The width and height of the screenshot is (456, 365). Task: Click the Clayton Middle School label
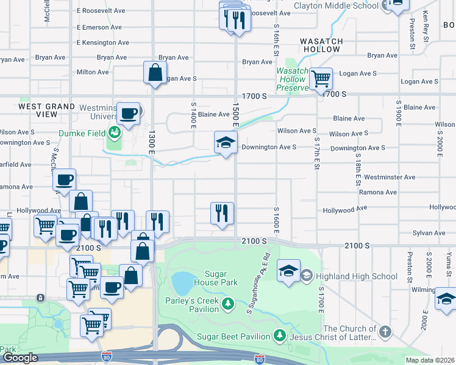pos(336,6)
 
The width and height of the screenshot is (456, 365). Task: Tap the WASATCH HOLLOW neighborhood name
pos(321,45)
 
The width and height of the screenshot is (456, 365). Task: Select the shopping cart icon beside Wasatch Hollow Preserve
pos(320,78)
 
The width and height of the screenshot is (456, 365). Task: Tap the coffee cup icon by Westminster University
pos(128,113)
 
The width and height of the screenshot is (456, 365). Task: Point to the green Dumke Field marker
pos(114,130)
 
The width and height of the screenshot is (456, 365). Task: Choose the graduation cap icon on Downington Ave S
pos(226,143)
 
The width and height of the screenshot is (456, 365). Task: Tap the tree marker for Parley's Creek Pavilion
pos(229,303)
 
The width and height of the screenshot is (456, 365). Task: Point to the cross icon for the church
pos(384,332)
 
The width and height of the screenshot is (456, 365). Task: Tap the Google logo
pos(20,358)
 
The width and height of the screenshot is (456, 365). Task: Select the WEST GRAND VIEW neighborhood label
pos(46,110)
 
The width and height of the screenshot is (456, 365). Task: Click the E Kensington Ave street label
pos(103,43)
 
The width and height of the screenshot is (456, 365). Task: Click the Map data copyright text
pos(430,360)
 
